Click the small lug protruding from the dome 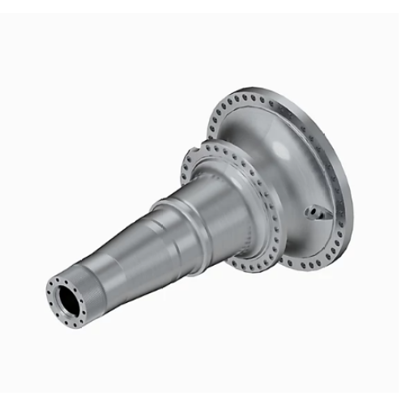click(x=318, y=213)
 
